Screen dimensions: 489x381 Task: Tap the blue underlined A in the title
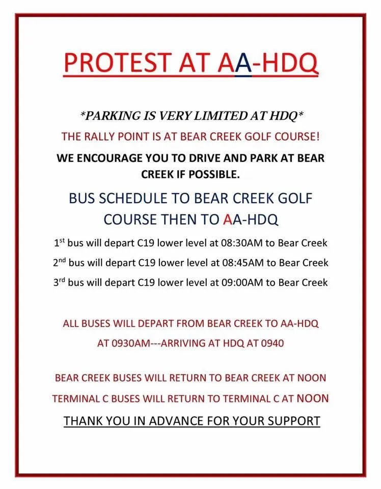(243, 63)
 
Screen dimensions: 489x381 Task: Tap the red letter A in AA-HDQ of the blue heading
(228, 219)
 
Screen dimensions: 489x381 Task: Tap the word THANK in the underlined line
(83, 421)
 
